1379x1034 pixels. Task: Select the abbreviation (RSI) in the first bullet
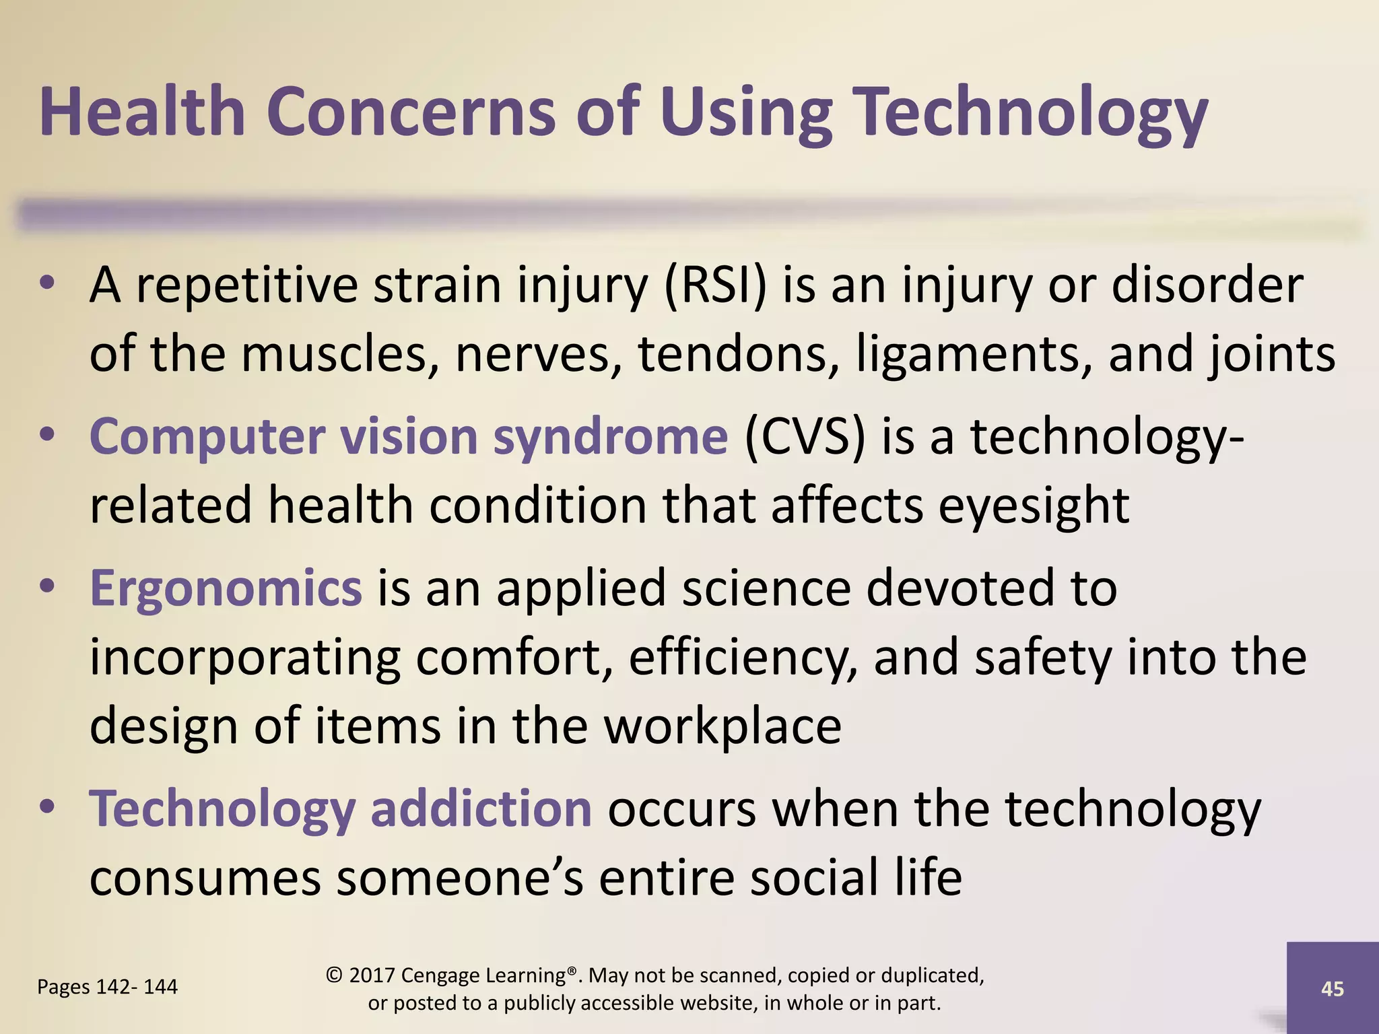coord(715,285)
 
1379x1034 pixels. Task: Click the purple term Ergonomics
coord(226,588)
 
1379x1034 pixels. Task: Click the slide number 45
coord(1332,989)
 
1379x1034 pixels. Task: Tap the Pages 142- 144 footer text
coord(107,987)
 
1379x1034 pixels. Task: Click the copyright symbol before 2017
coord(334,975)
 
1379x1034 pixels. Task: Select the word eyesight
coord(1034,506)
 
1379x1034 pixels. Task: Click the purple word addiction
coord(481,808)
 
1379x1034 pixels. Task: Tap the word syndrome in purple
coord(610,437)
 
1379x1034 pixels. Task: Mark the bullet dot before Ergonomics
coord(46,587)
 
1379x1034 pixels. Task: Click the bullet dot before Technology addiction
coord(46,807)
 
